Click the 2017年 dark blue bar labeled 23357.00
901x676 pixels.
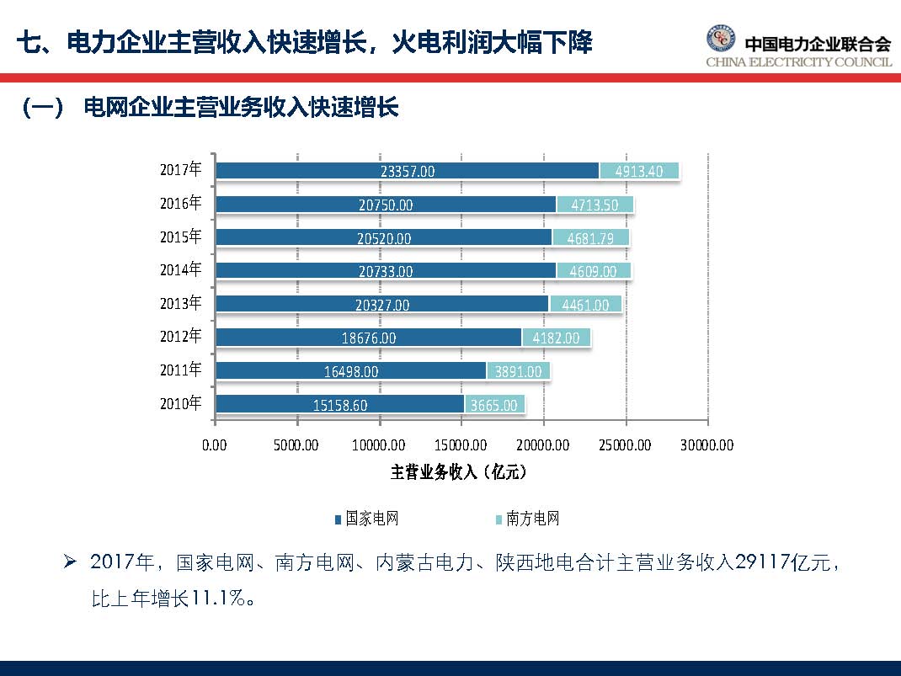[407, 171]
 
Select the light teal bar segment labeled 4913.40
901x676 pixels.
[639, 171]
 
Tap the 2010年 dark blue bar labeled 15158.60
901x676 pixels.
[339, 405]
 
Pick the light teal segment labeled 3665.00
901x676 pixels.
[494, 405]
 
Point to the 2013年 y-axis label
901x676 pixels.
[181, 303]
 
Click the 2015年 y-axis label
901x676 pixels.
[181, 237]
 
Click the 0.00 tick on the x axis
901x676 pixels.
[216, 444]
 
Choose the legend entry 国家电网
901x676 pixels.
[365, 519]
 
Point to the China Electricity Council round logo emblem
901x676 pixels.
[720, 39]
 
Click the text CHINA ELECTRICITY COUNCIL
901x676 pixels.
[798, 62]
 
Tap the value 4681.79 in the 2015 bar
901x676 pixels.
[590, 238]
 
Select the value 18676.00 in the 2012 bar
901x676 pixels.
[368, 338]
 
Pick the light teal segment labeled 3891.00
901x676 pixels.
[518, 371]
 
